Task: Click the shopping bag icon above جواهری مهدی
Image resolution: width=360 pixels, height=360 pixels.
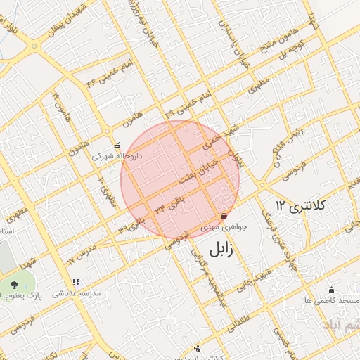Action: (x=224, y=217)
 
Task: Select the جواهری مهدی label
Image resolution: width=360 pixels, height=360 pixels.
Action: (x=221, y=228)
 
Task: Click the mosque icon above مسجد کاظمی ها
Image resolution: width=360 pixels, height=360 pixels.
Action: (x=332, y=290)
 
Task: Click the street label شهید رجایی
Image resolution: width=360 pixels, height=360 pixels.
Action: (x=260, y=280)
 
